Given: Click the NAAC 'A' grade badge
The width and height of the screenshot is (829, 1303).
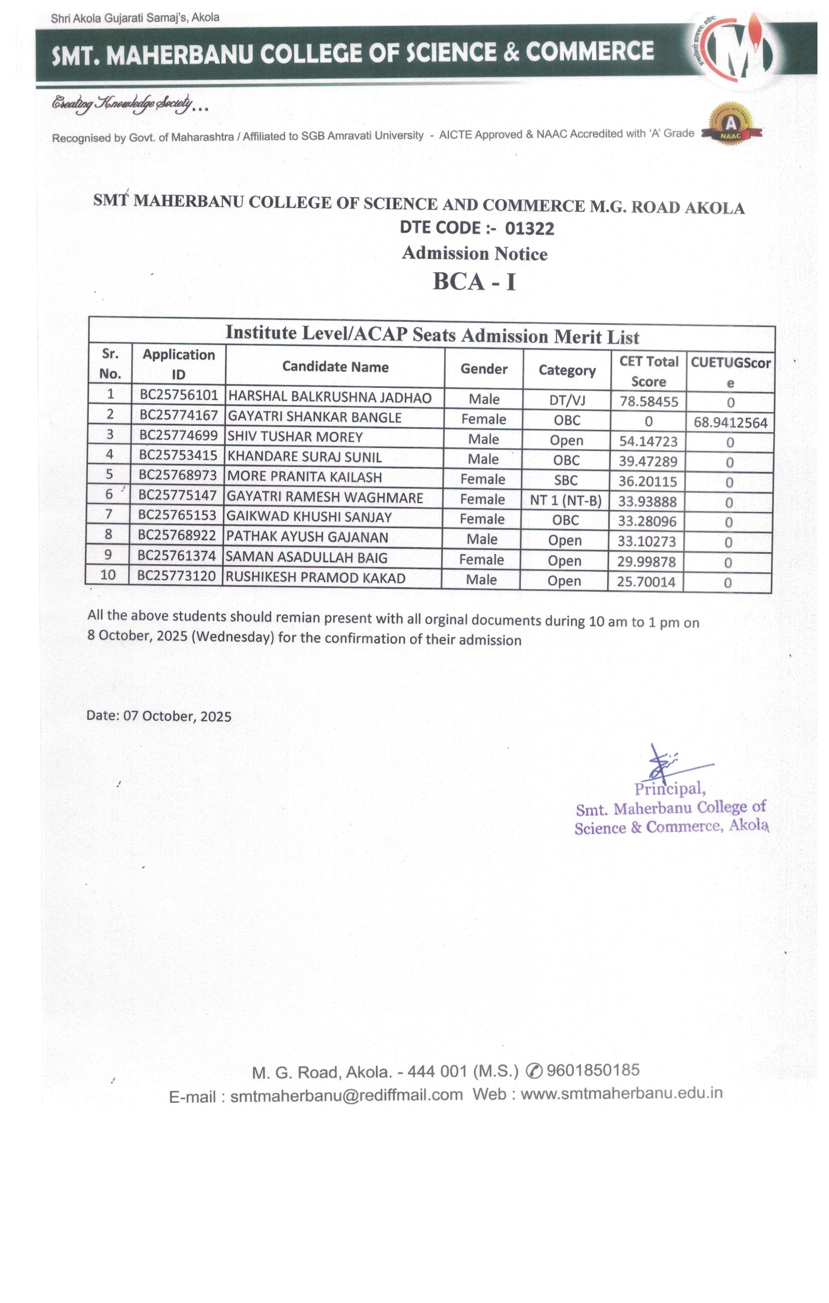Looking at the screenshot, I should (731, 125).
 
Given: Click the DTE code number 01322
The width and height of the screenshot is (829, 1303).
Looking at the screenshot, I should (529, 229).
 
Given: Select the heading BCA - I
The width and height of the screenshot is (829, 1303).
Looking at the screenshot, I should (474, 282).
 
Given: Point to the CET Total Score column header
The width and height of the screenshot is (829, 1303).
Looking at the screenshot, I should (648, 371).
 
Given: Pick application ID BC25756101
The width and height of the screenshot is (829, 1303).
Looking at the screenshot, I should (179, 395).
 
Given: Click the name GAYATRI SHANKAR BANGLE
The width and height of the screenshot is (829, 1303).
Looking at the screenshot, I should (314, 417).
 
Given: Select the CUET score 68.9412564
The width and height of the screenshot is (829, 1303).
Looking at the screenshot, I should (730, 423).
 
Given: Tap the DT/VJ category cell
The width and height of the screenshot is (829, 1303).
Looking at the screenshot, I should (567, 400).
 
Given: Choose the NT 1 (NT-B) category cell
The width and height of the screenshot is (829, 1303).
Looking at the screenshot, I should (566, 501).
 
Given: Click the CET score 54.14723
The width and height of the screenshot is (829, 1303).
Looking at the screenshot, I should (648, 441).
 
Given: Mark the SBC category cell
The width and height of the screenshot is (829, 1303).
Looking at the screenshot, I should (566, 480).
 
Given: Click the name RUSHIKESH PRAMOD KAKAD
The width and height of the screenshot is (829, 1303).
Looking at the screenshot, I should (315, 578).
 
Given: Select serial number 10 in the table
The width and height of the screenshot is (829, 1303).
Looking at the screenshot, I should (108, 575).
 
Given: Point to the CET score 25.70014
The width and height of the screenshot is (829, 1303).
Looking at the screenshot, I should (646, 582).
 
